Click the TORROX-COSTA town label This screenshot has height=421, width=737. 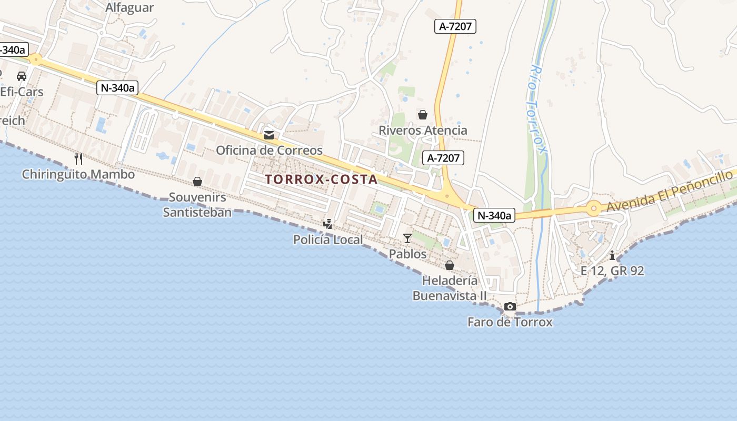pos(321,179)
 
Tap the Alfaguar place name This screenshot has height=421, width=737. pos(130,8)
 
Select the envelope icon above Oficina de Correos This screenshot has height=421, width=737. pos(269,135)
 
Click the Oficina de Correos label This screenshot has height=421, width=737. pos(269,151)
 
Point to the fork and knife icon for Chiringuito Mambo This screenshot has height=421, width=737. pos(78,158)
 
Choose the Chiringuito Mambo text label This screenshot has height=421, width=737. pos(78,174)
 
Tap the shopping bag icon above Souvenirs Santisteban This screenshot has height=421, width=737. pos(197,182)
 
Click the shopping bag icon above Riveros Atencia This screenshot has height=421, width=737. pos(422,115)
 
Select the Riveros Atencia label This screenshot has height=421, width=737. pos(423,131)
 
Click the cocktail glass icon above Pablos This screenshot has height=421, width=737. pos(407,238)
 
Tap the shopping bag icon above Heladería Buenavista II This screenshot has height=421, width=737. pos(450,265)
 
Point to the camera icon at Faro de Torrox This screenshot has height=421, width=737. pos(510,307)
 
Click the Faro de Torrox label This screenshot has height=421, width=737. pos(510,322)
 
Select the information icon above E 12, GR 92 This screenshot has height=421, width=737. pos(612,256)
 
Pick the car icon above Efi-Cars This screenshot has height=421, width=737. pos(22,76)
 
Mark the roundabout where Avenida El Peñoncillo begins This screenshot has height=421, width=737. pos(594,208)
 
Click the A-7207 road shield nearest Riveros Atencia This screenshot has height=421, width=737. pos(443,157)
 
